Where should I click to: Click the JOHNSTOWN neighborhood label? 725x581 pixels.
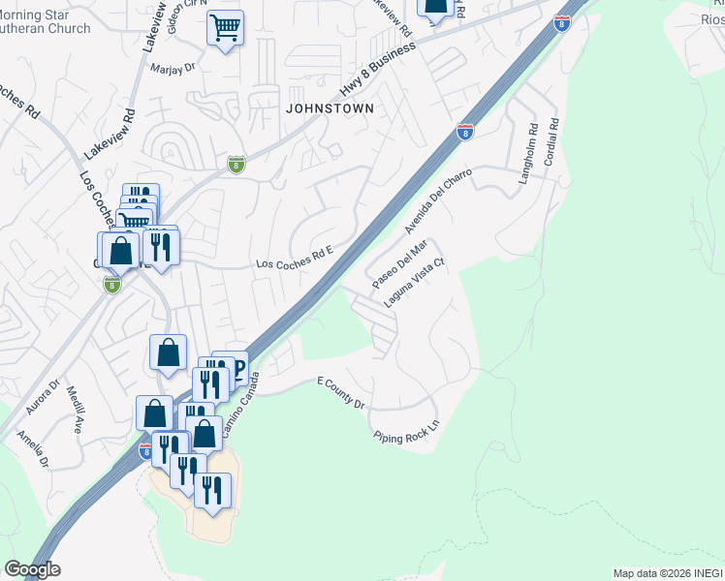coord(330,109)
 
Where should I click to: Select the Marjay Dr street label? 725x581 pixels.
coord(173,68)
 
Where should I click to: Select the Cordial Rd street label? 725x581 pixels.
coord(552,141)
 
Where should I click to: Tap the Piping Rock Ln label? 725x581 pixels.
coord(406,431)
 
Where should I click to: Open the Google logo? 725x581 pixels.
coord(32,569)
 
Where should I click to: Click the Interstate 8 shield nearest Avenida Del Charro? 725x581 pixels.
coord(465,131)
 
